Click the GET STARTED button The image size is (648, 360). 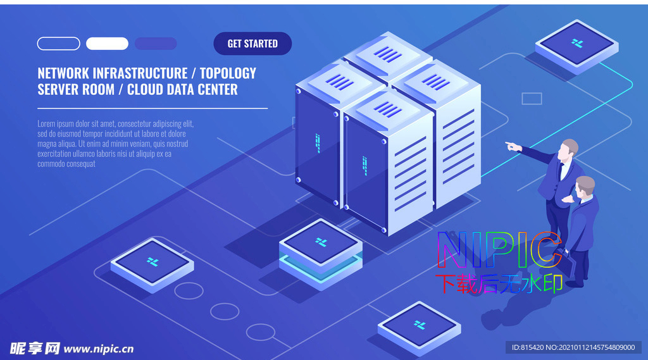(252, 44)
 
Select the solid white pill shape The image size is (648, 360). (107, 44)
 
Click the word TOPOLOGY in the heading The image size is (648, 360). (228, 73)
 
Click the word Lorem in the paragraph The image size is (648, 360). (46, 123)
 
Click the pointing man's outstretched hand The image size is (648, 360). (513, 146)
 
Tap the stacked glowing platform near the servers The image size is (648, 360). (321, 254)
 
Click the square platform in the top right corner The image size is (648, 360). (577, 46)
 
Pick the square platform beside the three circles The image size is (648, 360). (152, 265)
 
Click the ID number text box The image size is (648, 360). (573, 347)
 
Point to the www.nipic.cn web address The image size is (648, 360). (99, 349)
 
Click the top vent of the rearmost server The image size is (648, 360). (388, 54)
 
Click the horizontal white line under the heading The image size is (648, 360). (153, 108)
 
